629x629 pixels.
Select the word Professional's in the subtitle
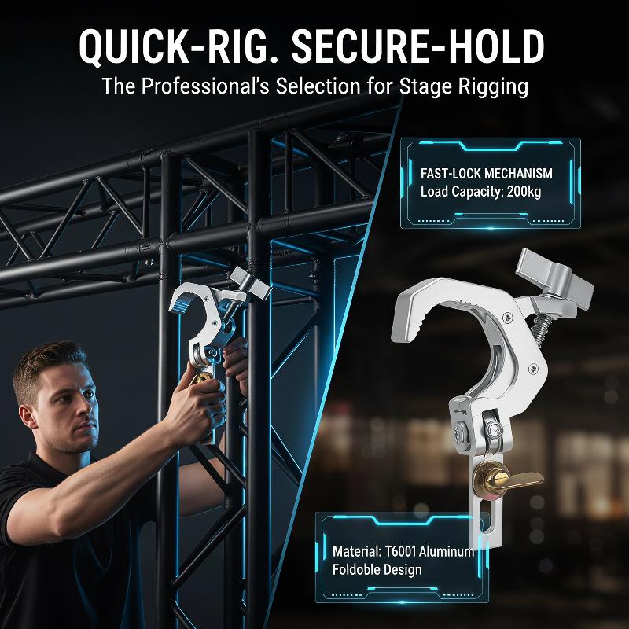click(x=205, y=86)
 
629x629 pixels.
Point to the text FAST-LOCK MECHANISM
click(x=486, y=173)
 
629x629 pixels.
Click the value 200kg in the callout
click(x=524, y=191)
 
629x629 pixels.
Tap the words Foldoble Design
click(x=377, y=569)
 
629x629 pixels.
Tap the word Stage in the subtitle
click(x=426, y=87)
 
